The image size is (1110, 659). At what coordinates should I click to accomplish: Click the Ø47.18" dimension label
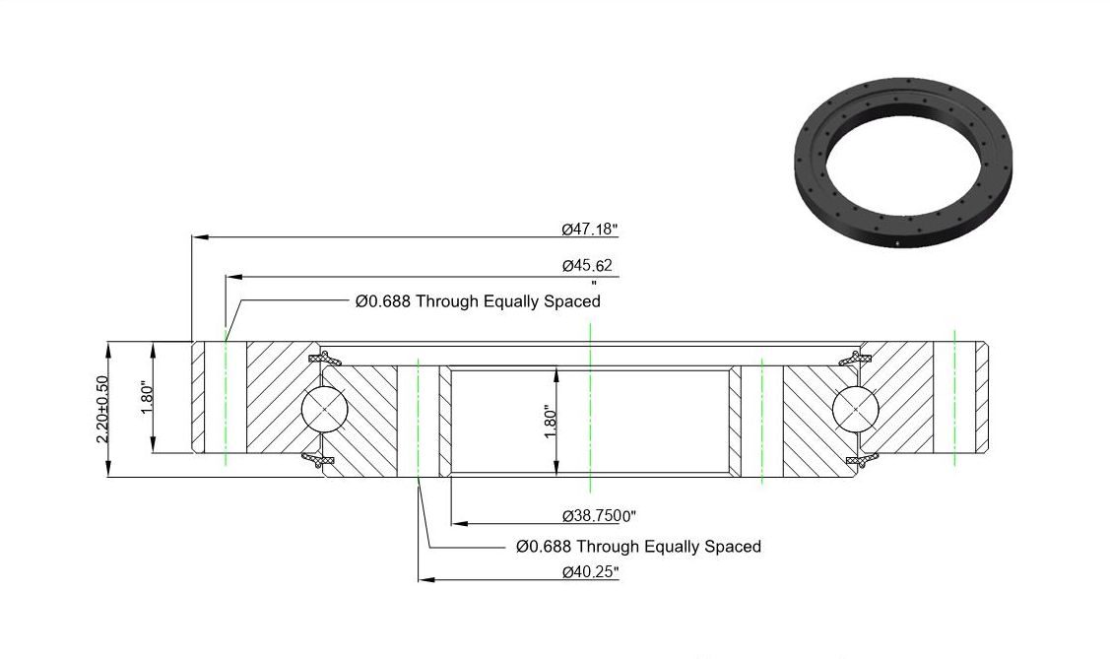[x=590, y=230]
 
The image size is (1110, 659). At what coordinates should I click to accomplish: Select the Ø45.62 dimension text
[x=587, y=265]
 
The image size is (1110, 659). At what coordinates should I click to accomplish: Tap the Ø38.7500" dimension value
[x=599, y=516]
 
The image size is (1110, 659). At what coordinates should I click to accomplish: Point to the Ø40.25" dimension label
[x=590, y=572]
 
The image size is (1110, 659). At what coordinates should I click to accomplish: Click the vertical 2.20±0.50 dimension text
[x=102, y=410]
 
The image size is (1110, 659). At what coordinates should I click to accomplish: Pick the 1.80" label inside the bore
[x=551, y=422]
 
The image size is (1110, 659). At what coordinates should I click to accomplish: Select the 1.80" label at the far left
[x=148, y=399]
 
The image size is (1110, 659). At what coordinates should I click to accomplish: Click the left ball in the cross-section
[x=324, y=409]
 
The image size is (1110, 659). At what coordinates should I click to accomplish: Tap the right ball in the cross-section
[x=855, y=409]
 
